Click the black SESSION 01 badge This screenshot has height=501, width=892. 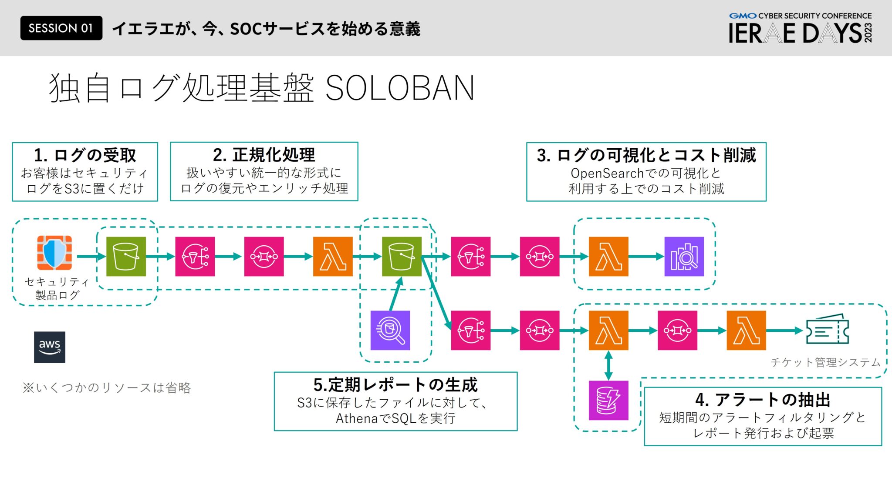[61, 28]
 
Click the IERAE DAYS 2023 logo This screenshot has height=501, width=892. [800, 29]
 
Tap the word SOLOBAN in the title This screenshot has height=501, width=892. [399, 88]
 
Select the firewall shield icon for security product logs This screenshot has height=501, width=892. [54, 252]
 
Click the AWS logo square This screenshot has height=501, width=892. [50, 347]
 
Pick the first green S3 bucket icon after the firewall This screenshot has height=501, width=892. [126, 257]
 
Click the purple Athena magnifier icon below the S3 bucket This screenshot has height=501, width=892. [390, 330]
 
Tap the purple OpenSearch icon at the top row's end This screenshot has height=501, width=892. [684, 257]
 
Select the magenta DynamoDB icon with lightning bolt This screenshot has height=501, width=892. [608, 400]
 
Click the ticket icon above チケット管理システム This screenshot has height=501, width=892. [827, 330]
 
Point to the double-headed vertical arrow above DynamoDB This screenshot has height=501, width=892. [608, 365]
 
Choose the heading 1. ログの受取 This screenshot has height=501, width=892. [85, 155]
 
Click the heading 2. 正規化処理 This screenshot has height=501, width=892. [264, 155]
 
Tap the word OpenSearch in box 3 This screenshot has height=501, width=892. [607, 173]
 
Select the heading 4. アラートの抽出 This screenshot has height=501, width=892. [762, 399]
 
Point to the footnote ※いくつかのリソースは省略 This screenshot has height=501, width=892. [107, 387]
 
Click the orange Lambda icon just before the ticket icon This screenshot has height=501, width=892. [746, 330]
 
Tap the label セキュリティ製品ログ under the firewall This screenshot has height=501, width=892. [57, 288]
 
